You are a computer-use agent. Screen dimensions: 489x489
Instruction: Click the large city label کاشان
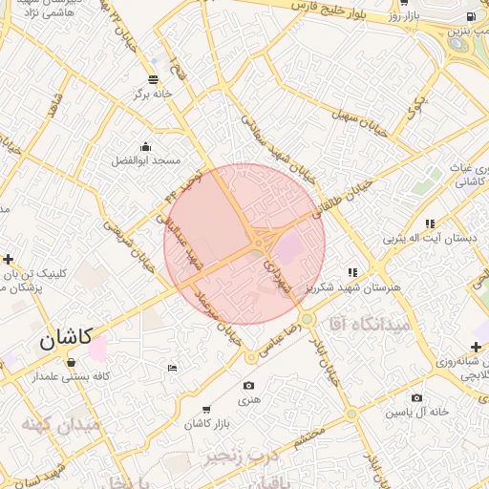[66, 338]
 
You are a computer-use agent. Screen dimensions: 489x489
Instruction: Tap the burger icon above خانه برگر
[154, 78]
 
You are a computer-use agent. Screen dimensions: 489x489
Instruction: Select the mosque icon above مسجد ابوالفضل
[145, 146]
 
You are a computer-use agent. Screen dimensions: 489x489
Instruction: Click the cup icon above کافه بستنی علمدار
[73, 363]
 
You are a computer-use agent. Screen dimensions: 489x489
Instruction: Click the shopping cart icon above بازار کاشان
[206, 407]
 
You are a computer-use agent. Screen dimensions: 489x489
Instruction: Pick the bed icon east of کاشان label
[172, 368]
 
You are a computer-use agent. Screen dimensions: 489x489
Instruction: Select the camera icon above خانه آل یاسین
[416, 397]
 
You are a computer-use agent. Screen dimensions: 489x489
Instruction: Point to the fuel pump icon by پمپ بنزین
[469, 17]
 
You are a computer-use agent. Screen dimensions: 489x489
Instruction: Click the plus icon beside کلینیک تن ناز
[9, 259]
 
